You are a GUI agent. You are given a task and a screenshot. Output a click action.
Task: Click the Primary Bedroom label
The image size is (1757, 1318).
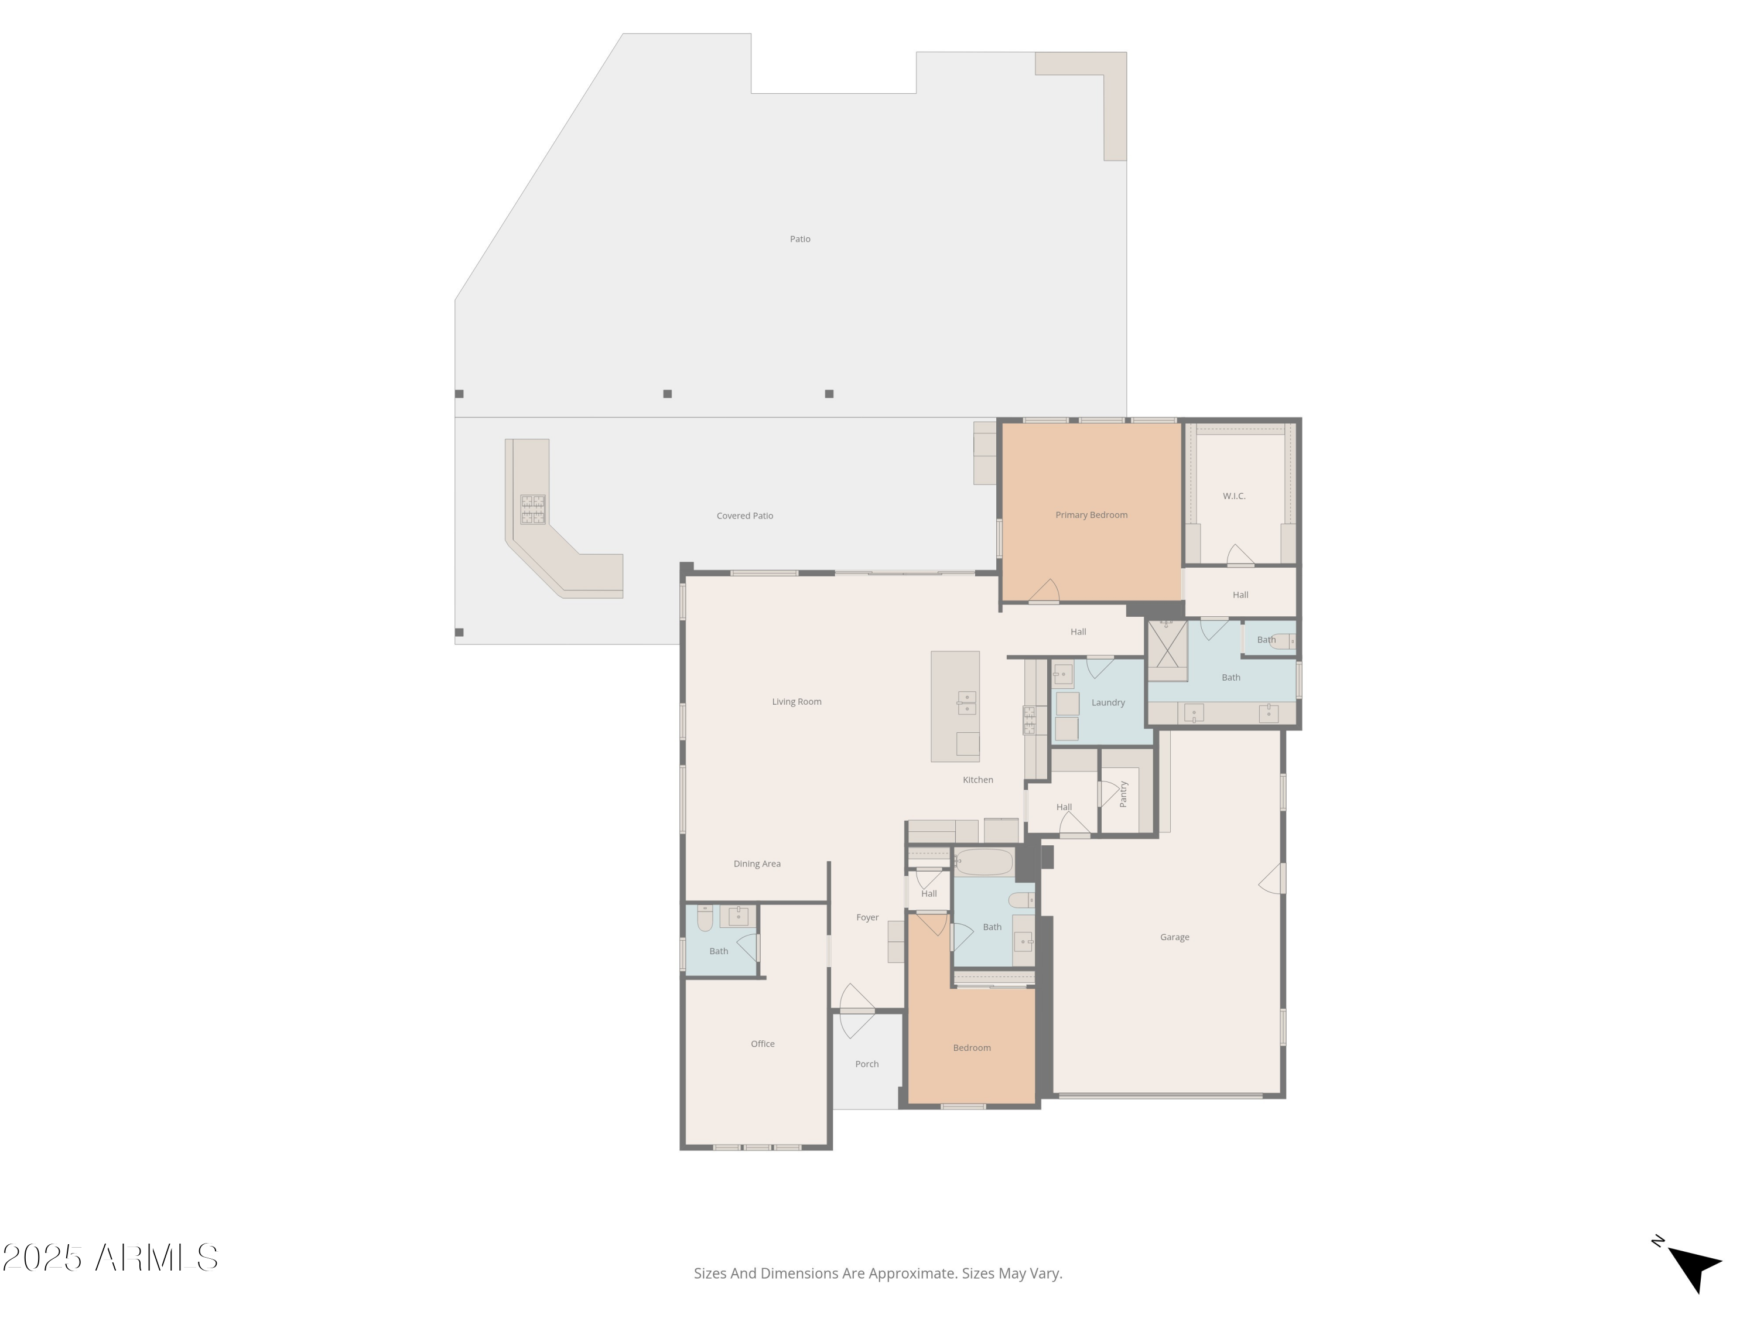coord(1091,515)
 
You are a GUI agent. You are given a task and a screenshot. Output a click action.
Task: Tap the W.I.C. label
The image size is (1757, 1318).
coord(1233,496)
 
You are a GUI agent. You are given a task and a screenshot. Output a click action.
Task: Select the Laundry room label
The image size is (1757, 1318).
coord(1107,702)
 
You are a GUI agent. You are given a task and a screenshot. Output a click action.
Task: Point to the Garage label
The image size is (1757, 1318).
coord(1174,937)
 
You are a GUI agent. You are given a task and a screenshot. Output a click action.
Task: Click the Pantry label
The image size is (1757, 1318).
coord(1123,794)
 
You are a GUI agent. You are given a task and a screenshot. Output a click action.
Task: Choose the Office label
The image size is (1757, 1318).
coord(763,1044)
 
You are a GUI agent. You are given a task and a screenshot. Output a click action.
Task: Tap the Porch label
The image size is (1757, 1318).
coord(867,1064)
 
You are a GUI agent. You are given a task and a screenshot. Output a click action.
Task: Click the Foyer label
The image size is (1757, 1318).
coord(867,917)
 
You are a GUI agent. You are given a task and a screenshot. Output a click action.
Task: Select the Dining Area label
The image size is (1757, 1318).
coord(756,863)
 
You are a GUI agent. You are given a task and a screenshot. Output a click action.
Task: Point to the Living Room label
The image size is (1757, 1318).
coord(796,702)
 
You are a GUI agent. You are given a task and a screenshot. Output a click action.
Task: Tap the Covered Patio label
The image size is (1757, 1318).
coord(744,515)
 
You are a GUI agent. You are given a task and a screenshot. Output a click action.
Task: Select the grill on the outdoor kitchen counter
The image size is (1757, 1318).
coord(532,509)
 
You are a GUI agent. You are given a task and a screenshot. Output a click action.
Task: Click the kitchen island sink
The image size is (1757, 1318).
coord(966,702)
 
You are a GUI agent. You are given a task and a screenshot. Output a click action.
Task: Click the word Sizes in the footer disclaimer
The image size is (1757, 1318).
coord(709,1273)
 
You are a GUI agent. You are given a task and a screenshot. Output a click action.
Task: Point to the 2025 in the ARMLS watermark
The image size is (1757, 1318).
coord(43,1258)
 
